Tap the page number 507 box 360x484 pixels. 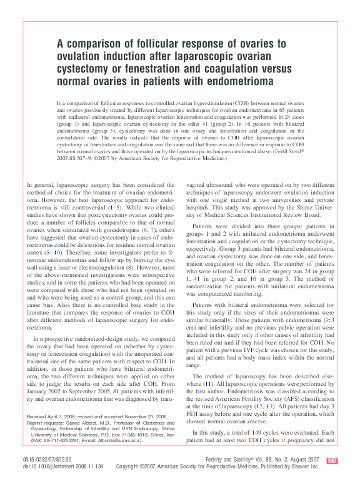332,461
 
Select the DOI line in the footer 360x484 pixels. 64,466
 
